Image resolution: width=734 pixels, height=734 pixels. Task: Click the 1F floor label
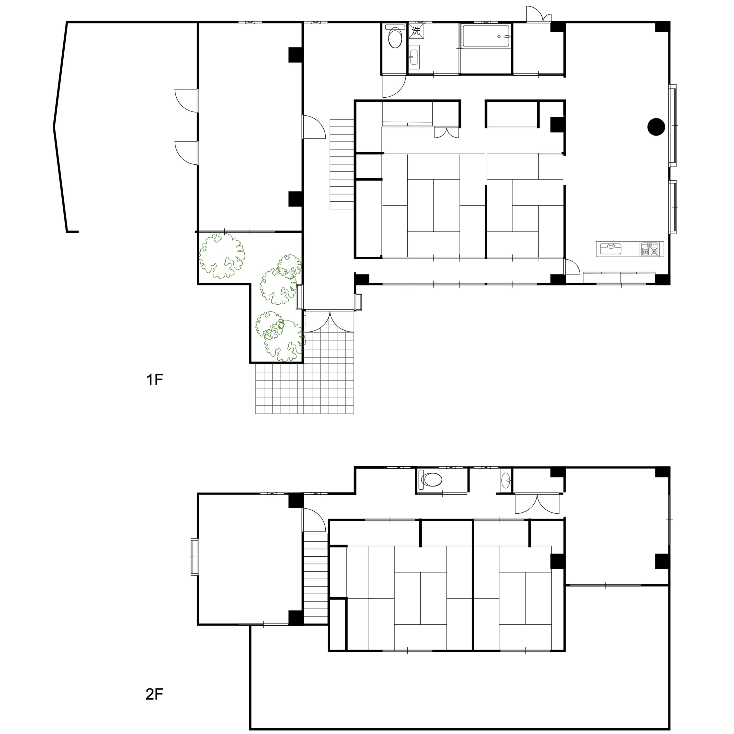(155, 379)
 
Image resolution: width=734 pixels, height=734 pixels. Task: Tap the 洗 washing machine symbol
(416, 31)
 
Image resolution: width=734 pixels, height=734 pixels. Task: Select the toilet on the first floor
(395, 36)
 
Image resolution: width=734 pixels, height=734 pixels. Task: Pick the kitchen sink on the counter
(610, 249)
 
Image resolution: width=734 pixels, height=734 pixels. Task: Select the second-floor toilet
(430, 480)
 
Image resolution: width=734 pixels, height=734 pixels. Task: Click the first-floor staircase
(342, 164)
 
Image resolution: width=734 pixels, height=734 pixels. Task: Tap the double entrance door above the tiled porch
(330, 321)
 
